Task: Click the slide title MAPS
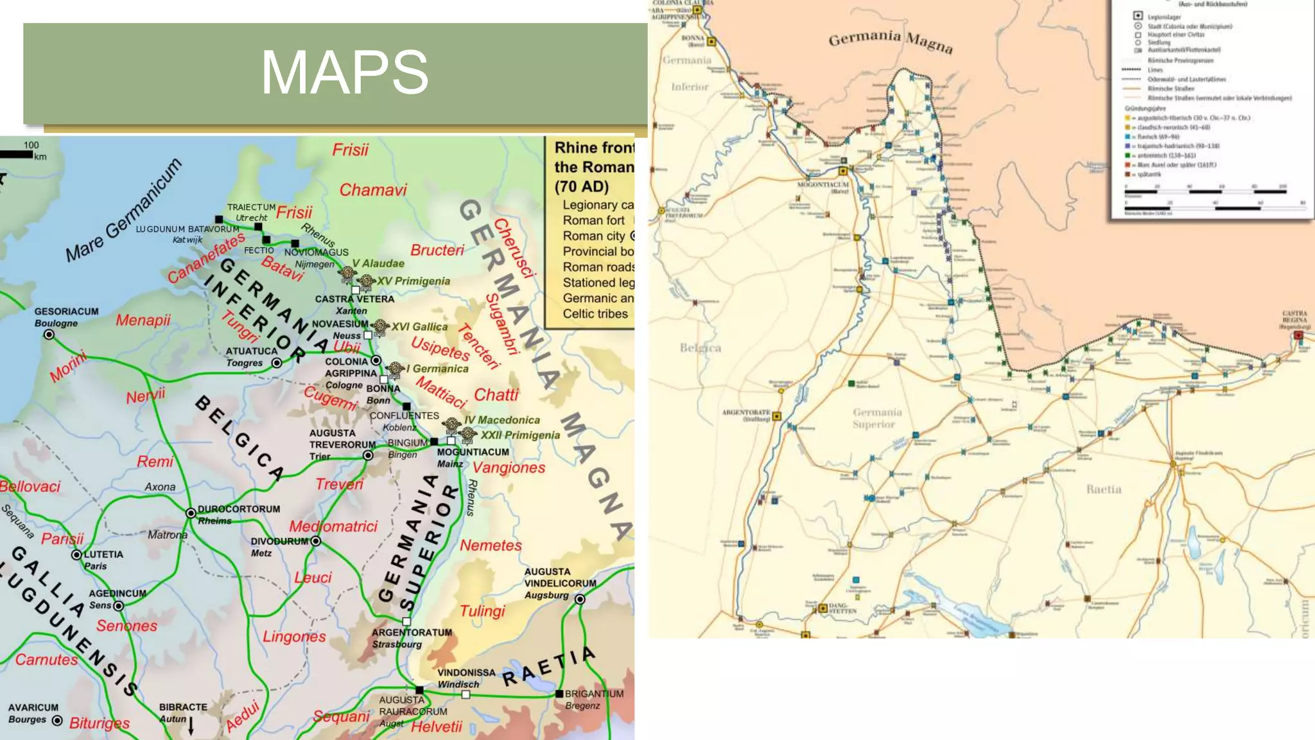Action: [344, 72]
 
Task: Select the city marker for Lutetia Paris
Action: [76, 554]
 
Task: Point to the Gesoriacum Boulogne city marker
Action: [49, 335]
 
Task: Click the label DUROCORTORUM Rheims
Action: [238, 515]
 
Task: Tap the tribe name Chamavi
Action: [373, 190]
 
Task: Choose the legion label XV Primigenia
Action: [413, 281]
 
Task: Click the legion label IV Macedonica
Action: [501, 420]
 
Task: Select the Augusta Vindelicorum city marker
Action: [580, 599]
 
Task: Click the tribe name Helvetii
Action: [437, 727]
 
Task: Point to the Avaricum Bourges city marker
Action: [57, 721]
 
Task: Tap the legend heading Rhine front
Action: [593, 148]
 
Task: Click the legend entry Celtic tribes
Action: [595, 314]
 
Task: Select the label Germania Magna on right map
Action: [890, 40]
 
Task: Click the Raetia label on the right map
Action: [1104, 489]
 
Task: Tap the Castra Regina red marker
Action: [1298, 335]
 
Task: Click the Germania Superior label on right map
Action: [876, 418]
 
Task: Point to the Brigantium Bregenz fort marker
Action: [559, 694]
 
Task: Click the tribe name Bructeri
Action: [437, 251]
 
